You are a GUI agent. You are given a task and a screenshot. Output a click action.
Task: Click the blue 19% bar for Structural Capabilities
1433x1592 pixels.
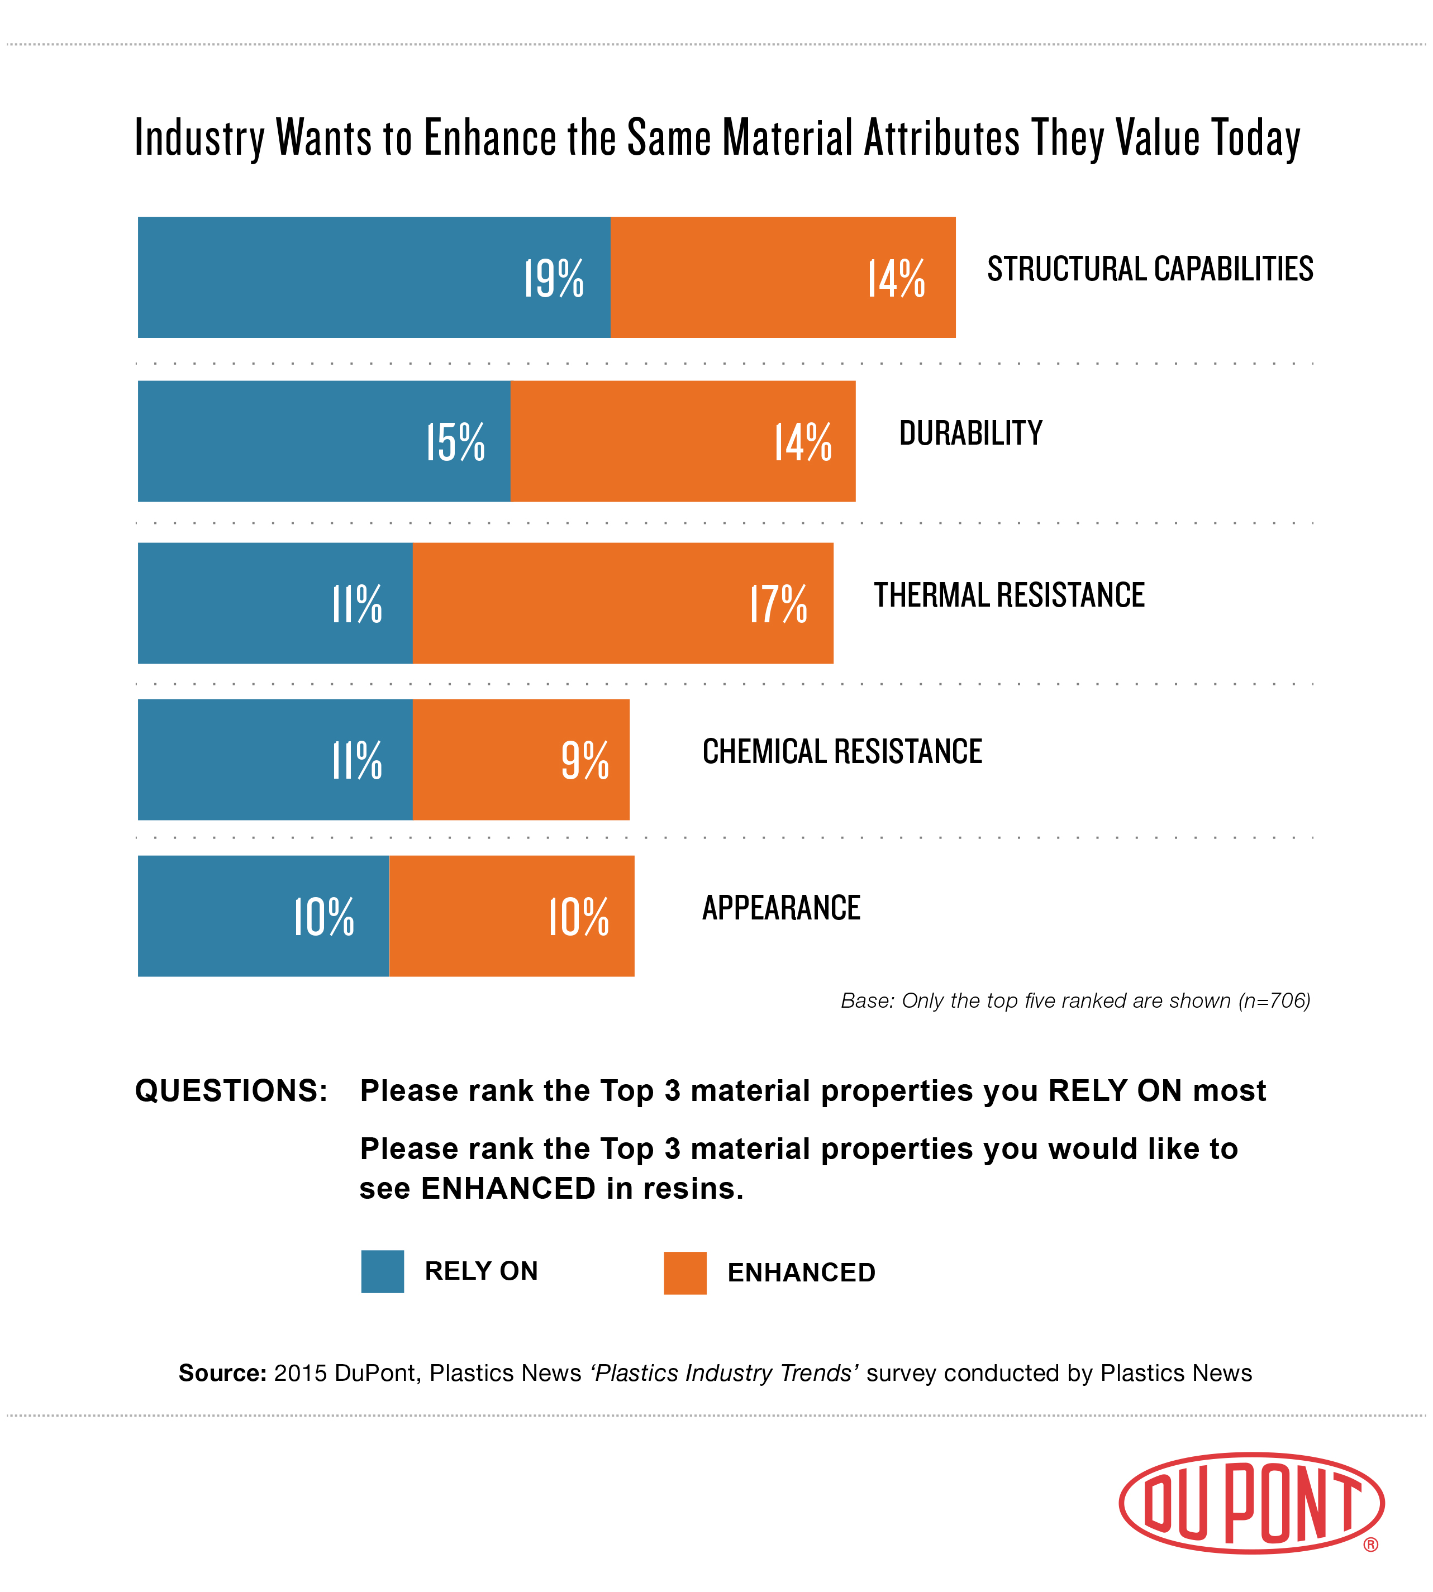[x=374, y=277]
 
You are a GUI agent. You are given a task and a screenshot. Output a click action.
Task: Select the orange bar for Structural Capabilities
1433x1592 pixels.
[x=783, y=277]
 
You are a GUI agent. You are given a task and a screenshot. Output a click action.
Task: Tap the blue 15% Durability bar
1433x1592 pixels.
[x=323, y=441]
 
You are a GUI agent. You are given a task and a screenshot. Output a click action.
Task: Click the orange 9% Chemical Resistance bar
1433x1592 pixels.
[x=521, y=760]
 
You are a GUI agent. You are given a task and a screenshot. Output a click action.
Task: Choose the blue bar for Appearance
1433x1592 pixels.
[x=263, y=916]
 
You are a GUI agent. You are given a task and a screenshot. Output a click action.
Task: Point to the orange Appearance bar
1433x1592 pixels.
[x=512, y=916]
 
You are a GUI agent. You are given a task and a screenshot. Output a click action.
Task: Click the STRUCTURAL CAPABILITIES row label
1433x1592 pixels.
[x=1150, y=269]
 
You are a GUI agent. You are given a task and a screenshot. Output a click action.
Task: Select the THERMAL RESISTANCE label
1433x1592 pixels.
[x=1008, y=595]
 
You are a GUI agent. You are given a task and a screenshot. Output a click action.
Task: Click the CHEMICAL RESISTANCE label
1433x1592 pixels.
[x=842, y=752]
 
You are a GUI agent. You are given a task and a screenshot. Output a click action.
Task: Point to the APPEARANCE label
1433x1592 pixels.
[x=781, y=908]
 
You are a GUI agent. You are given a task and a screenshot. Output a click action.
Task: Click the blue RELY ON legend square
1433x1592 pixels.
[x=383, y=1271]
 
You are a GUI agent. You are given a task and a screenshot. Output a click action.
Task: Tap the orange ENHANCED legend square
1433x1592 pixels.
[x=685, y=1273]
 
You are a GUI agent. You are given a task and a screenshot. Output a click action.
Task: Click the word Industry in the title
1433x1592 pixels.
[x=199, y=139]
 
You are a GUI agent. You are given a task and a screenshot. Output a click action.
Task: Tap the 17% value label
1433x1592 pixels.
[x=778, y=604]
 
